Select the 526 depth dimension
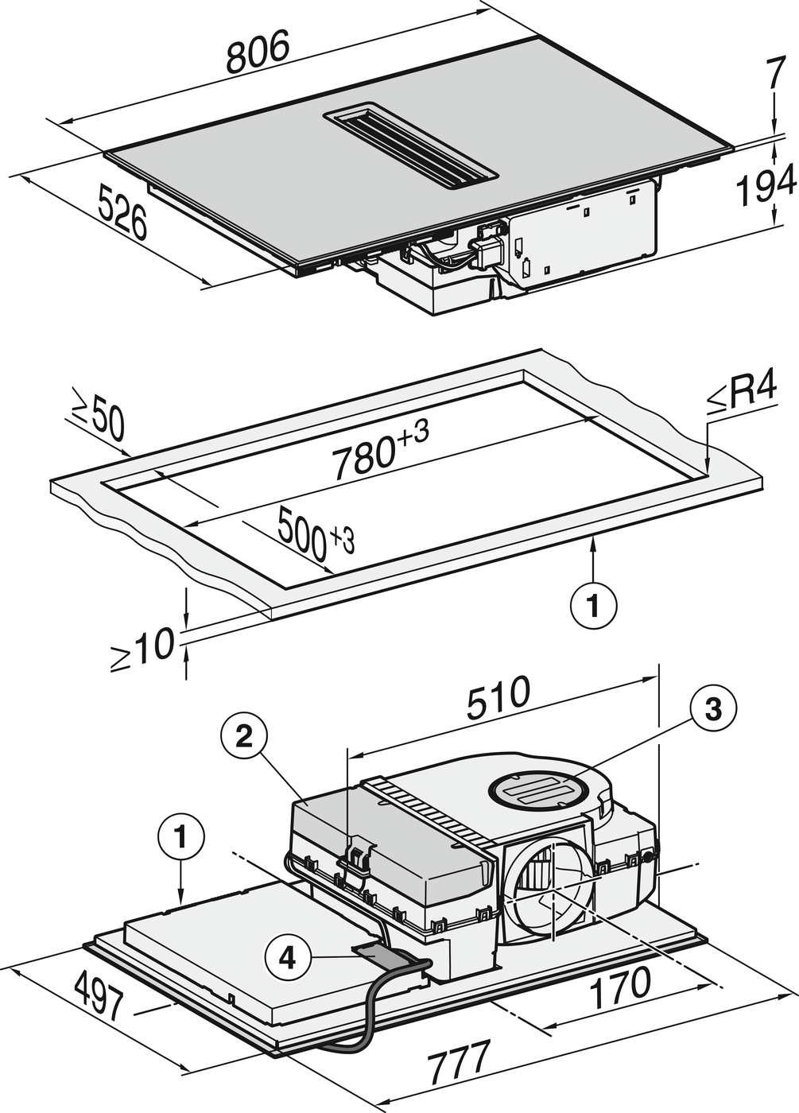(123, 211)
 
